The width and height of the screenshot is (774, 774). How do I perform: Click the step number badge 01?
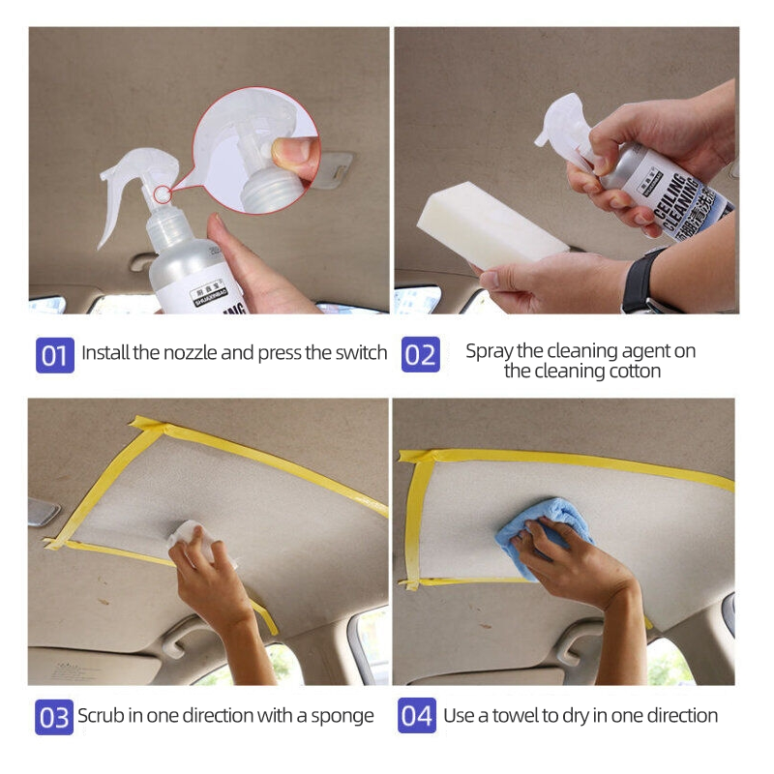[54, 354]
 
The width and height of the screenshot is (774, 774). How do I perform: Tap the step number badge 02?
[420, 354]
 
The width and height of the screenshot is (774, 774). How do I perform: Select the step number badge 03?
[54, 717]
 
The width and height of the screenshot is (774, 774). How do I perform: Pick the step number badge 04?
[417, 717]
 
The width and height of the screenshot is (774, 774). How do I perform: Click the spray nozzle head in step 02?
[561, 120]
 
